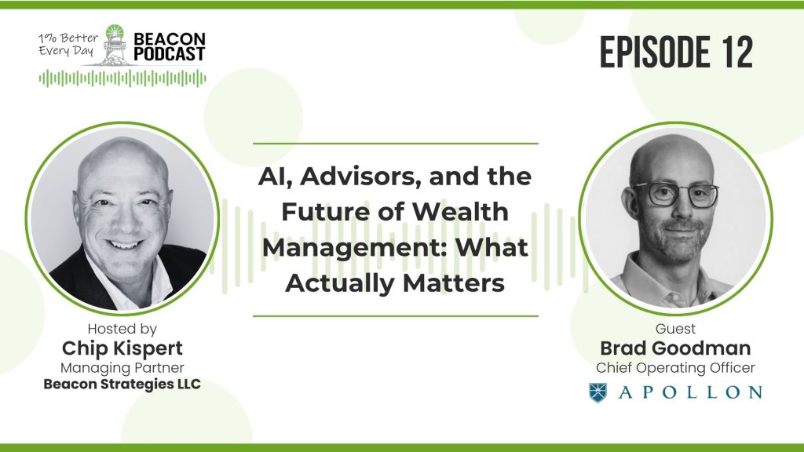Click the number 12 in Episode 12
738,52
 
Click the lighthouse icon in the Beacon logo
115,45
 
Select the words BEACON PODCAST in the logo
170,46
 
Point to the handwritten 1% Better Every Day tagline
68,44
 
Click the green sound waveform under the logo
122,78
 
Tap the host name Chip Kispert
122,348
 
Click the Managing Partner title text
122,368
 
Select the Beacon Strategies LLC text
122,385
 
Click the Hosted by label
122,329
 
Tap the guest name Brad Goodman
675,348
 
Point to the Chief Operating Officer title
675,368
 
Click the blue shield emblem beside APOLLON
598,392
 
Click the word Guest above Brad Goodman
675,329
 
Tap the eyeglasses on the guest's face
675,195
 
